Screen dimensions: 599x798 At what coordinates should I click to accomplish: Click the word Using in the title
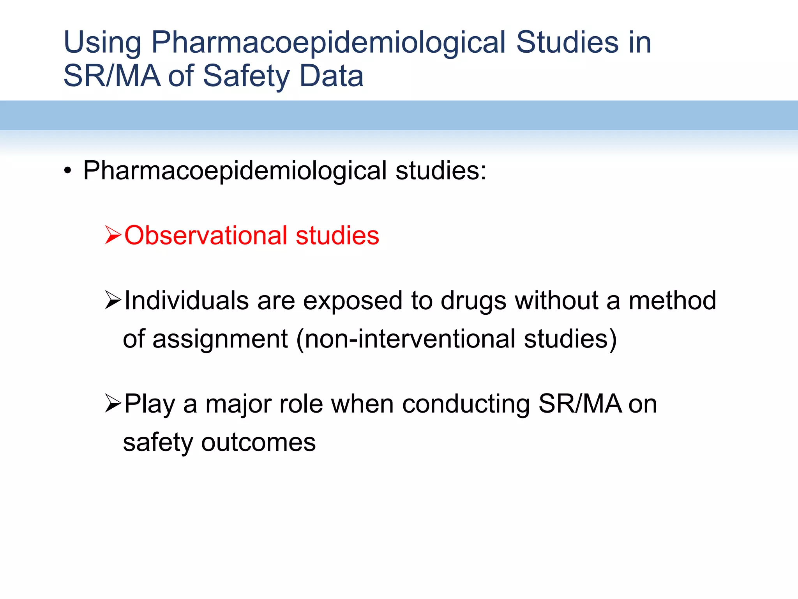[102, 43]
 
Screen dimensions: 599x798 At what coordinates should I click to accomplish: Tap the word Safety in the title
[244, 76]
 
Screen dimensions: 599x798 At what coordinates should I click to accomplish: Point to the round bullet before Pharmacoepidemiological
[68, 171]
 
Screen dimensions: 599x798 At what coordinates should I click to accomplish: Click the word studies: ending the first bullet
[441, 171]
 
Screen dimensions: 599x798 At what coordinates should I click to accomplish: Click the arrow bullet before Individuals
[113, 300]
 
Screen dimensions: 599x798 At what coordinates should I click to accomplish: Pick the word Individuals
[186, 300]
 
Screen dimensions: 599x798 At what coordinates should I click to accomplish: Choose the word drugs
[473, 300]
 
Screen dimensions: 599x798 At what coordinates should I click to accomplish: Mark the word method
[672, 300]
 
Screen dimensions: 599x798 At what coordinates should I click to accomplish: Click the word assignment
[220, 338]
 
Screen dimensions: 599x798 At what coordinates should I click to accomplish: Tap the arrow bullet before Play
[113, 404]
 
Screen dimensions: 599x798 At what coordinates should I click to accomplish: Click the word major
[238, 404]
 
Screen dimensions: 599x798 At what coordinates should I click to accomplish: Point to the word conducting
[466, 404]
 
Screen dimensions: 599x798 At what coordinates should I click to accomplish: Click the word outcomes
[258, 442]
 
